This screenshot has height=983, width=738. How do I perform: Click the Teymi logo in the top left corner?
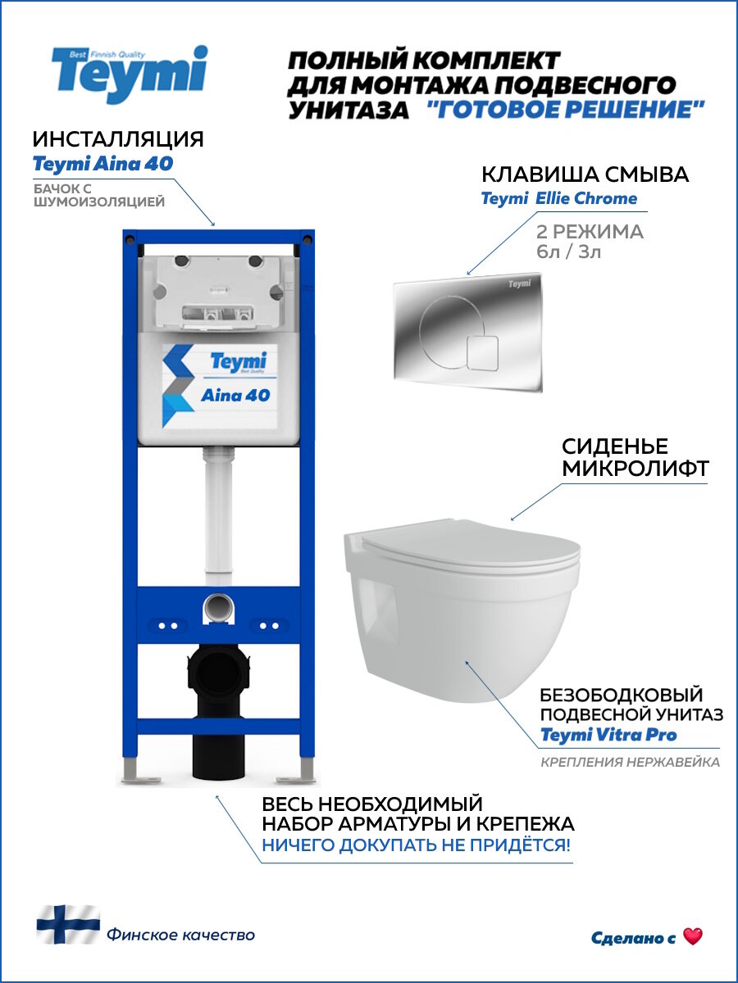[129, 74]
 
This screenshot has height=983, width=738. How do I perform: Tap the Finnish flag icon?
[67, 924]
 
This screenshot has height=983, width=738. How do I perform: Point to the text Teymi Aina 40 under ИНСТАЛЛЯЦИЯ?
[102, 164]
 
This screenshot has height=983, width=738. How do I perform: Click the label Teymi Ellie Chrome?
[558, 198]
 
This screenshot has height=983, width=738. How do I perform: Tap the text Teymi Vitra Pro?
[608, 735]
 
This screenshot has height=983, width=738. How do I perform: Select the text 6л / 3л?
[568, 251]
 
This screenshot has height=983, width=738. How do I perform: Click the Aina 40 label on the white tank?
[235, 395]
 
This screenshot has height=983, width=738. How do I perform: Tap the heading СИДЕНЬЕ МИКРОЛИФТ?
[614, 457]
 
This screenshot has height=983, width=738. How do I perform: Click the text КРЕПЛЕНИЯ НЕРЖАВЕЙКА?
[630, 763]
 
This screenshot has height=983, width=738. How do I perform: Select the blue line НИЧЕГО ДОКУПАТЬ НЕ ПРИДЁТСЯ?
[416, 845]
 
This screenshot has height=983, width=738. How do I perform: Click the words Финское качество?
[180, 935]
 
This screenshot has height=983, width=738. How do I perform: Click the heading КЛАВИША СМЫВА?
[585, 174]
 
